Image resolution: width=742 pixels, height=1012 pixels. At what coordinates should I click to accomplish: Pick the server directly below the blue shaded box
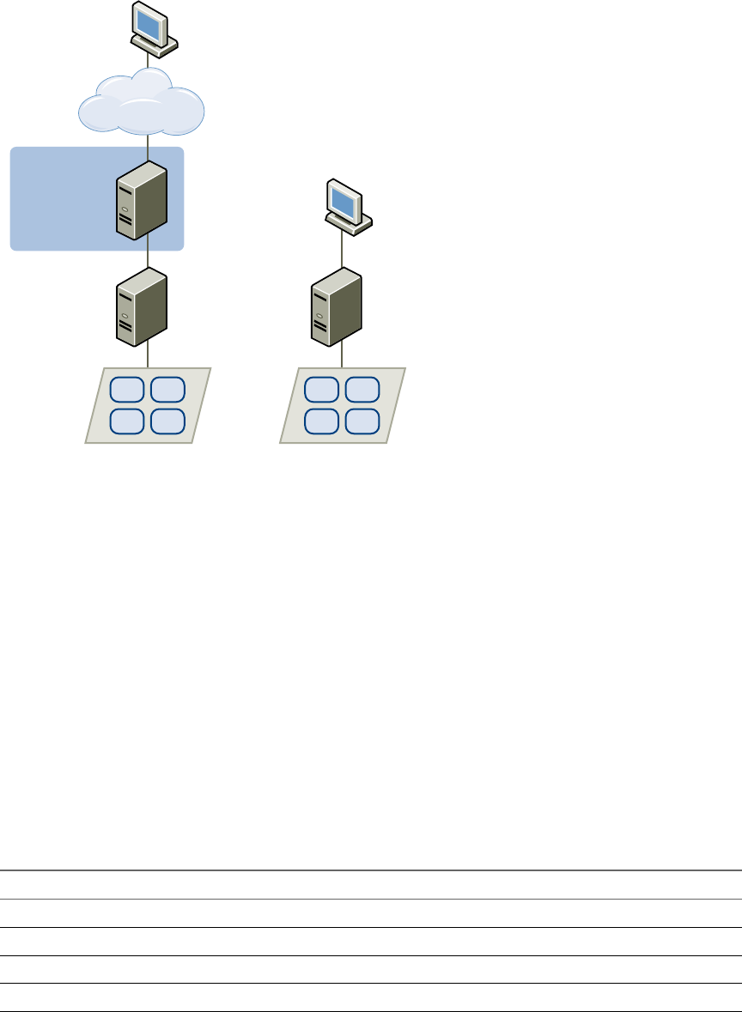click(141, 306)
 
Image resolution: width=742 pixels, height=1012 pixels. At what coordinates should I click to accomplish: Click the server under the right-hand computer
click(336, 306)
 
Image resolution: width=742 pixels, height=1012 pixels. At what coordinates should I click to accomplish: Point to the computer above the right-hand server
click(347, 204)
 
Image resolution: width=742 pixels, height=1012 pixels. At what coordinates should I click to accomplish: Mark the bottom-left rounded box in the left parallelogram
click(128, 421)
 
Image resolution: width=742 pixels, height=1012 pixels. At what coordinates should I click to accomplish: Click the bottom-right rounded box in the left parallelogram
click(167, 421)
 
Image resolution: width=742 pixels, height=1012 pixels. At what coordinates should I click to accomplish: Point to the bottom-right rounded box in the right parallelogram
click(362, 421)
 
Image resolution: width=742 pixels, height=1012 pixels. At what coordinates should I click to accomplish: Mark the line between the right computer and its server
click(344, 249)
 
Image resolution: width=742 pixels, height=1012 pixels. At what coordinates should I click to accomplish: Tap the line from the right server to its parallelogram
click(344, 355)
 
